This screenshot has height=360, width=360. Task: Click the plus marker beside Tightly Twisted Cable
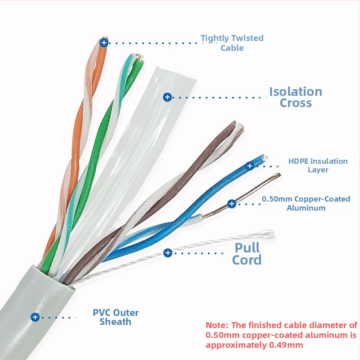[104, 43]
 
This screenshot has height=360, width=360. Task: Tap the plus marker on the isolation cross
[167, 97]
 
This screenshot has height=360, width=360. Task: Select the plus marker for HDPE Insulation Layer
[250, 166]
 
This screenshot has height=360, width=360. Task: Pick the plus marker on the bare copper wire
[232, 204]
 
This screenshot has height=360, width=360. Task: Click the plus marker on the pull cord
[168, 253]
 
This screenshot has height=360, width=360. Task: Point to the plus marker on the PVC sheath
[35, 317]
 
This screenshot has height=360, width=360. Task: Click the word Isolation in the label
[296, 92]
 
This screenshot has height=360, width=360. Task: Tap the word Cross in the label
[296, 103]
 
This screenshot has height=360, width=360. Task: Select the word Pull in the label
[247, 247]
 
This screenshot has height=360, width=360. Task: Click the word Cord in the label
[247, 260]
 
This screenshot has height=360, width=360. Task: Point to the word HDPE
[299, 161]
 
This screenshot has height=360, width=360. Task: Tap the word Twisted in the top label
[247, 38]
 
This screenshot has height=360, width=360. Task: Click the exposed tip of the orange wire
[104, 38]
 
